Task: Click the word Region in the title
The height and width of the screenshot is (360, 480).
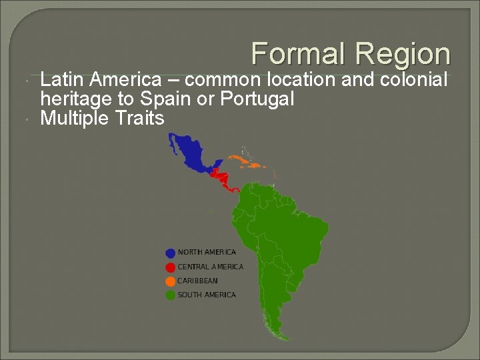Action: pos(403,53)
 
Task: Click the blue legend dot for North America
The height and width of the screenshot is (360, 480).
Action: pos(171,253)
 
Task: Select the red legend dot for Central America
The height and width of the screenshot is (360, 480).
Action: pos(171,267)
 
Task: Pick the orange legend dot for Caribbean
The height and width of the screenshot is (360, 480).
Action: pos(171,281)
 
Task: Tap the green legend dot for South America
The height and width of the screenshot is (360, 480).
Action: pos(171,295)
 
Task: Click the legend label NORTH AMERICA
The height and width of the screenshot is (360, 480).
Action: pos(207,253)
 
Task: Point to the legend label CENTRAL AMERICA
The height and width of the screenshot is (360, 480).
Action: pos(210,267)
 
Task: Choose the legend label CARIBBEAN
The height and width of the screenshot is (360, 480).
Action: pos(197,281)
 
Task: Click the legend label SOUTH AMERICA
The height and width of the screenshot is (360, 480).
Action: pos(207,295)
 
